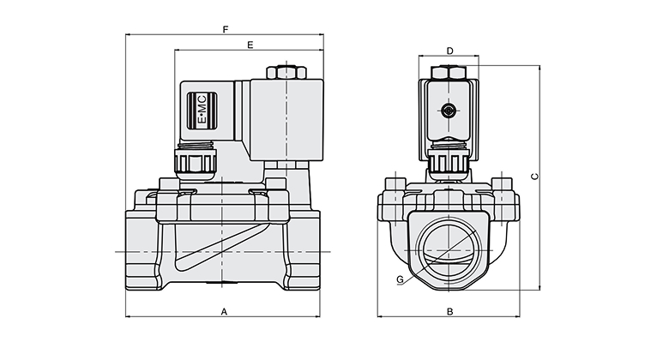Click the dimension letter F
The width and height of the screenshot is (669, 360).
(x=225, y=29)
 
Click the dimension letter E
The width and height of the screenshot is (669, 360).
(x=250, y=43)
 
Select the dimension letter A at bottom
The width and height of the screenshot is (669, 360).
(x=224, y=312)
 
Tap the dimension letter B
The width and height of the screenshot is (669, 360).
(x=449, y=312)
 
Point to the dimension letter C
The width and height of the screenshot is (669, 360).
(x=535, y=177)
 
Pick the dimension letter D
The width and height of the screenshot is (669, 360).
(x=449, y=51)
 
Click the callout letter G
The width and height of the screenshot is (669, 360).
(x=400, y=279)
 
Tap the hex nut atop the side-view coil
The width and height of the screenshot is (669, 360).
(x=285, y=72)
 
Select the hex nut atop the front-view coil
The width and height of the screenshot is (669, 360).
(x=449, y=73)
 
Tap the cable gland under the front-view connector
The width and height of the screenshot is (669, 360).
(x=449, y=159)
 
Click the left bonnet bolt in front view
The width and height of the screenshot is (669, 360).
(x=395, y=184)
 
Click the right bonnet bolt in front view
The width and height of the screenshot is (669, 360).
(x=503, y=184)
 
